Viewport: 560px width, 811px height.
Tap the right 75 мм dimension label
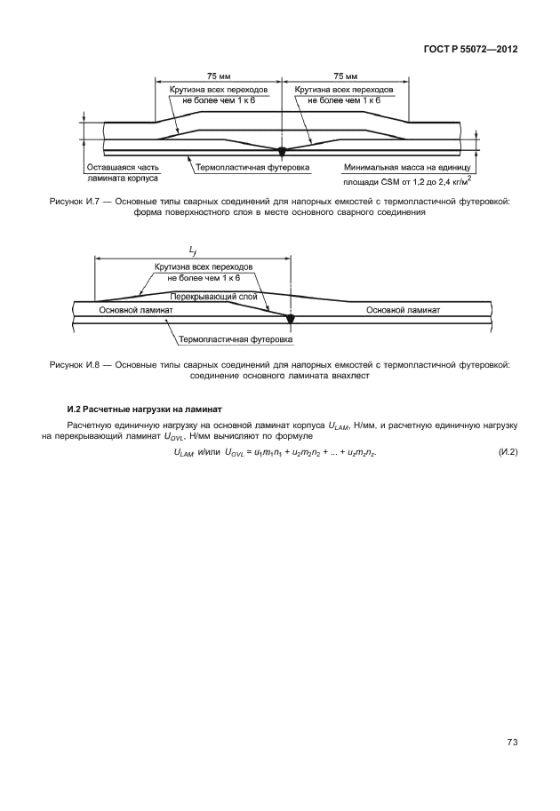coord(345,77)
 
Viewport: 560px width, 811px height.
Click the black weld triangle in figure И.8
coord(289,315)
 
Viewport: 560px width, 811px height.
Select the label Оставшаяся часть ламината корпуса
coord(123,171)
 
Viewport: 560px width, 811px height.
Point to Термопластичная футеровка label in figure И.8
coord(236,339)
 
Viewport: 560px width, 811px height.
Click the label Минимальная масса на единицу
coord(410,166)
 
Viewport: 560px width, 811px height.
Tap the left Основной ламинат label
coord(135,311)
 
